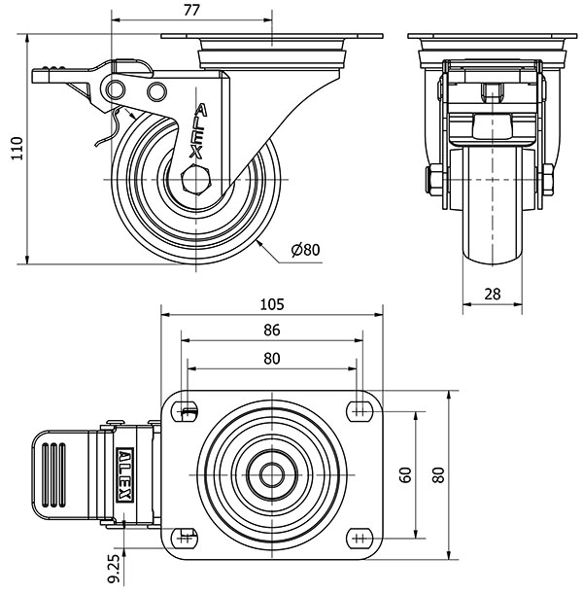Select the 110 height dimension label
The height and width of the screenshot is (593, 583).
tap(15, 149)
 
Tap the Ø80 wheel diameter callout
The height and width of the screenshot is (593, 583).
tap(305, 250)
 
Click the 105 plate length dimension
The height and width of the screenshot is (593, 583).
tap(272, 304)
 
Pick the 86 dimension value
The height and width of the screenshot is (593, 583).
tap(272, 331)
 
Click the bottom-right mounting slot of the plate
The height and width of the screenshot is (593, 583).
tap(358, 538)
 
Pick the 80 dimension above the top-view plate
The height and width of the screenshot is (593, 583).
tap(272, 359)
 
